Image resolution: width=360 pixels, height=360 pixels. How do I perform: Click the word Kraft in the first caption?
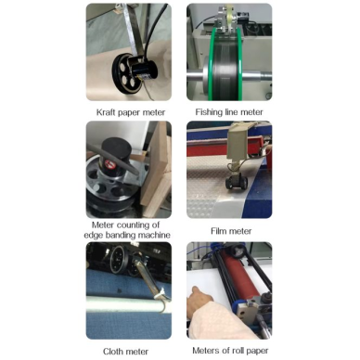[106, 112]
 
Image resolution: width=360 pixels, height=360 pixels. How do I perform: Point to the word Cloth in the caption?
[113, 352]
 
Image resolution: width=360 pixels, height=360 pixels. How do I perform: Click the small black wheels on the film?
[237, 182]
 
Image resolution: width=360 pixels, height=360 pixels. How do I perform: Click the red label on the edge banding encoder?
[110, 163]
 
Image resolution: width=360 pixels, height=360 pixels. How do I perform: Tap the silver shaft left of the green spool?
[197, 76]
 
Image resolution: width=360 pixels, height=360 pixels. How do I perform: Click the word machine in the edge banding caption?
[154, 235]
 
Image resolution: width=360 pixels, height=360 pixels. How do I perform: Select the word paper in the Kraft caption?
[129, 112]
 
